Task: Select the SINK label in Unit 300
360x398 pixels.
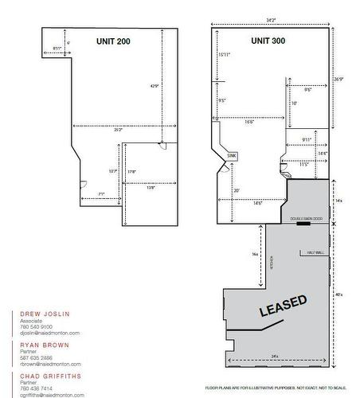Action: (232, 155)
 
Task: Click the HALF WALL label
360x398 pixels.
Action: (314, 252)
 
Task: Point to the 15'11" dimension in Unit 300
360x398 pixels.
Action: (224, 55)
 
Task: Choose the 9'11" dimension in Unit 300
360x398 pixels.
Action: (307, 139)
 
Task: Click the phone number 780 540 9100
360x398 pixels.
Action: (36, 326)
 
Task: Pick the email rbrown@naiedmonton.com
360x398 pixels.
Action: (49, 363)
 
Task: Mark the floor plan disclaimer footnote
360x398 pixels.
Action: (276, 388)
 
